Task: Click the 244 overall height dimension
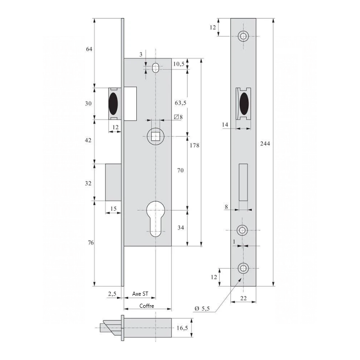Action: coord(266,144)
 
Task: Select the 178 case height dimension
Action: coord(194,145)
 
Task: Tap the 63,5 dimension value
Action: coord(180,103)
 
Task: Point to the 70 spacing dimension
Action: coord(180,171)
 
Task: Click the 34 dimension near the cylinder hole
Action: coord(180,228)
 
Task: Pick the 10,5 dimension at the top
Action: coord(179,64)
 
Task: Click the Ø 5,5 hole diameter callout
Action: coord(202,308)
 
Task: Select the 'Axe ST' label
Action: coord(140,293)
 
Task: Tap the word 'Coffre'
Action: coord(147,306)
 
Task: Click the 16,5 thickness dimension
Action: coord(182,328)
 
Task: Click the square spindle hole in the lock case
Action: coord(156,136)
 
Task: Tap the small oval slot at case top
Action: coord(155,68)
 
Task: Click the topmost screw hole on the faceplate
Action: coord(243,36)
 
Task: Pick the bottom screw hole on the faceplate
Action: coord(243,268)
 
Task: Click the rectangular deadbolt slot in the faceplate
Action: coord(243,182)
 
